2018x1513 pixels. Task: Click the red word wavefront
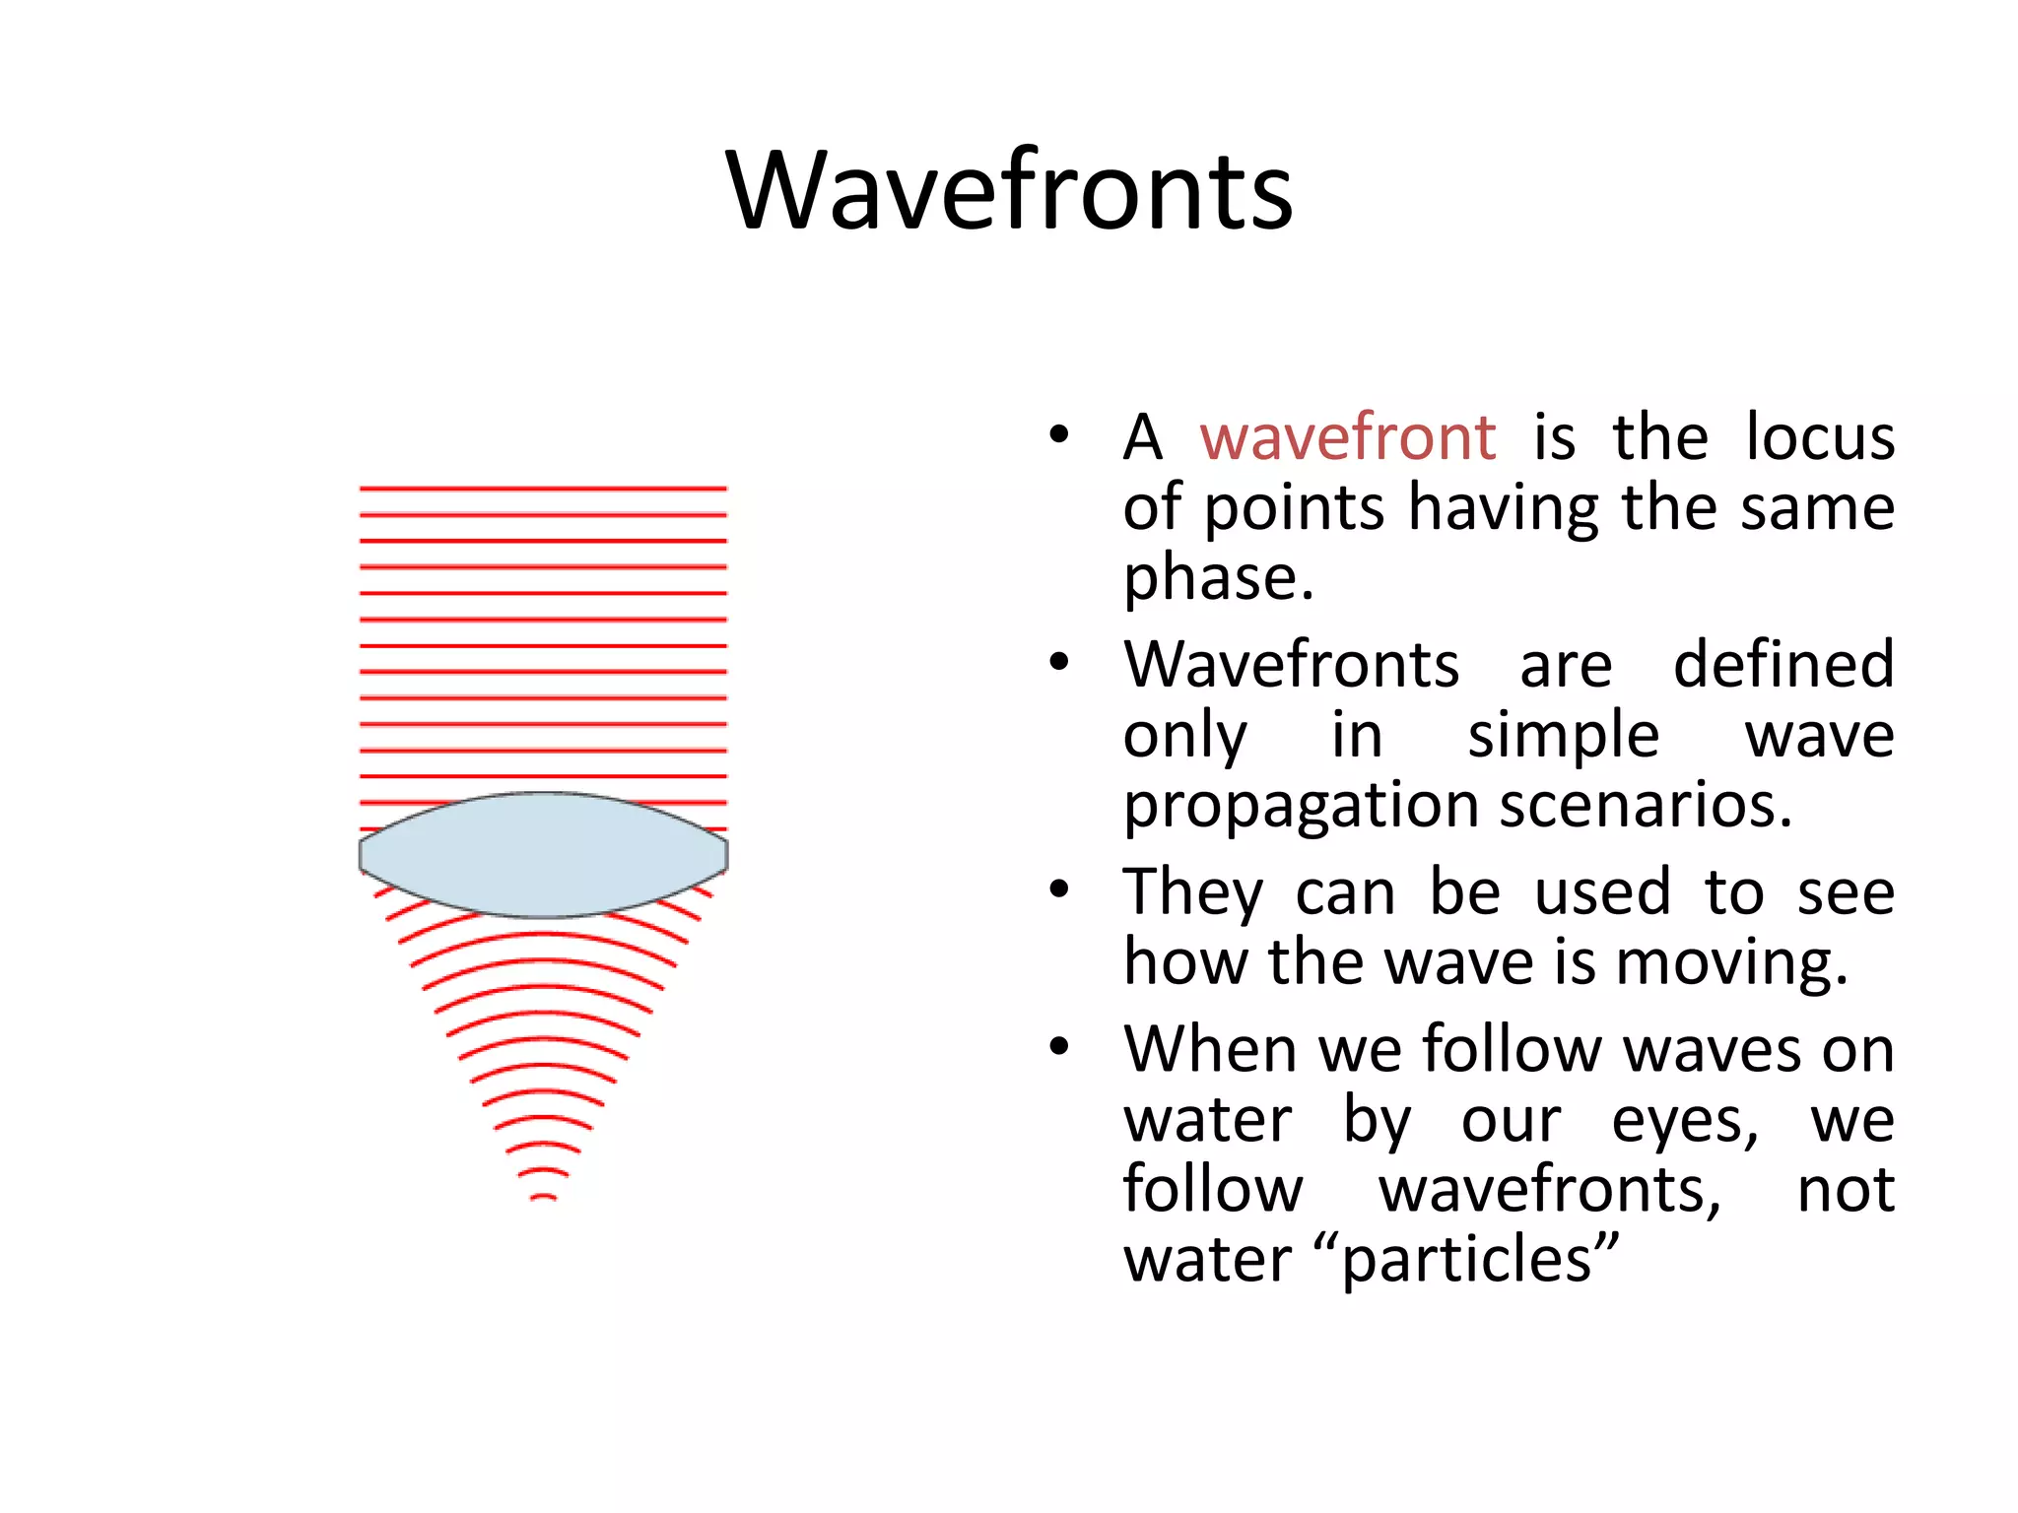click(x=1347, y=437)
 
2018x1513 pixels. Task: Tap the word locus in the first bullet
click(x=1819, y=437)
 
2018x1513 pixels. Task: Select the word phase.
click(x=1218, y=578)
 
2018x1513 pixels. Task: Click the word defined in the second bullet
click(x=1783, y=664)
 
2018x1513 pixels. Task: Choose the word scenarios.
click(x=1645, y=806)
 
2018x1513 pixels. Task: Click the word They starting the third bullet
click(x=1192, y=892)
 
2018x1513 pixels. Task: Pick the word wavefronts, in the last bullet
click(x=1549, y=1190)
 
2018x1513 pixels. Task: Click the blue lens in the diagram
click(x=543, y=855)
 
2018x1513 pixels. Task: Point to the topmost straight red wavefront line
click(x=543, y=489)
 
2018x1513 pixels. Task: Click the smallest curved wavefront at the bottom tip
click(x=543, y=1197)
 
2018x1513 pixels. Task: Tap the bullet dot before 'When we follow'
click(x=1059, y=1047)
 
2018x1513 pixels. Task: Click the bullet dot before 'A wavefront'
click(x=1059, y=434)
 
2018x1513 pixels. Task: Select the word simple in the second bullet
click(x=1563, y=736)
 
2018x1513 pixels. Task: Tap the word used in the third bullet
click(x=1602, y=892)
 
